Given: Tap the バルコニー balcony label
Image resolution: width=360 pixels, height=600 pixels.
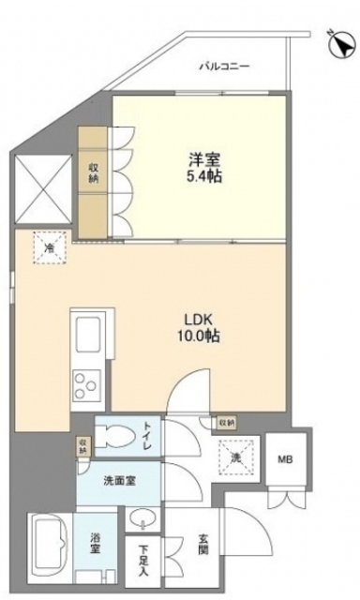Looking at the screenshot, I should click(224, 67).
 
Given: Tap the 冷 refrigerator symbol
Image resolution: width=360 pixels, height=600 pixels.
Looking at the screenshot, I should click(50, 247).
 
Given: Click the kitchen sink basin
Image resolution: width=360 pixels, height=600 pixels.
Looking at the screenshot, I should click(91, 331).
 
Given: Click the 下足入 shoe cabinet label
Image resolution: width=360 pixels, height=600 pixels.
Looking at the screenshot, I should click(144, 559).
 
